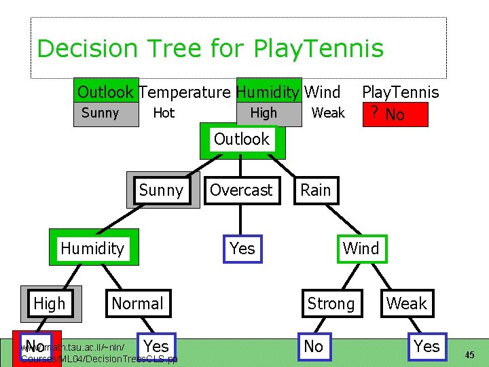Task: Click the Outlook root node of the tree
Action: pyautogui.click(x=242, y=140)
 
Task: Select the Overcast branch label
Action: pyautogui.click(x=241, y=190)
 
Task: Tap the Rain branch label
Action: pyautogui.click(x=316, y=190)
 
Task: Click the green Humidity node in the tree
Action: pyautogui.click(x=92, y=249)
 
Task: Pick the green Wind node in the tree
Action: pyautogui.click(x=361, y=249)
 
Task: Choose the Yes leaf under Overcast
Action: pyautogui.click(x=242, y=249)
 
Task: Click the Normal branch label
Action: pyautogui.click(x=137, y=304)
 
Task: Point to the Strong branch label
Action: pyautogui.click(x=331, y=304)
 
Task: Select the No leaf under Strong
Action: pyautogui.click(x=314, y=347)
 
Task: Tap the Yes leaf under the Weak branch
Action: pyautogui.click(x=427, y=347)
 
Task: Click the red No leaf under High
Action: pyautogui.click(x=35, y=347)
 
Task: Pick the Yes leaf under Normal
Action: pyautogui.click(x=157, y=345)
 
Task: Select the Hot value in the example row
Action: pyautogui.click(x=164, y=113)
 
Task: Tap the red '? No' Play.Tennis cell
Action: pyautogui.click(x=395, y=114)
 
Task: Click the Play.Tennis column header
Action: pyautogui.click(x=400, y=92)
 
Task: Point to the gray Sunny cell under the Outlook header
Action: pyautogui.click(x=100, y=113)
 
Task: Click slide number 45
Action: pyautogui.click(x=470, y=355)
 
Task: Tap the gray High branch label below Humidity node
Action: pyautogui.click(x=50, y=304)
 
